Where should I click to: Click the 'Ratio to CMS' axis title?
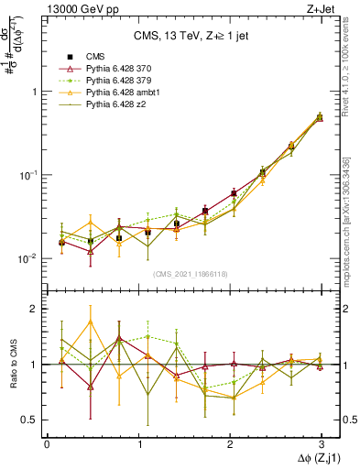tap(12, 364)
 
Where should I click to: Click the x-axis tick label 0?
tap(47, 444)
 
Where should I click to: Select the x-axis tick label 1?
tap(137, 444)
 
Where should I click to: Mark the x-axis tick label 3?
tap(321, 444)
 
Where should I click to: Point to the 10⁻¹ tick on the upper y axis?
tap(30, 174)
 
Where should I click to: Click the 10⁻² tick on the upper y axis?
tap(30, 258)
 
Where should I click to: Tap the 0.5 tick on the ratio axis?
tap(32, 420)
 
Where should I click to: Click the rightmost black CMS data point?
tap(320, 117)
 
